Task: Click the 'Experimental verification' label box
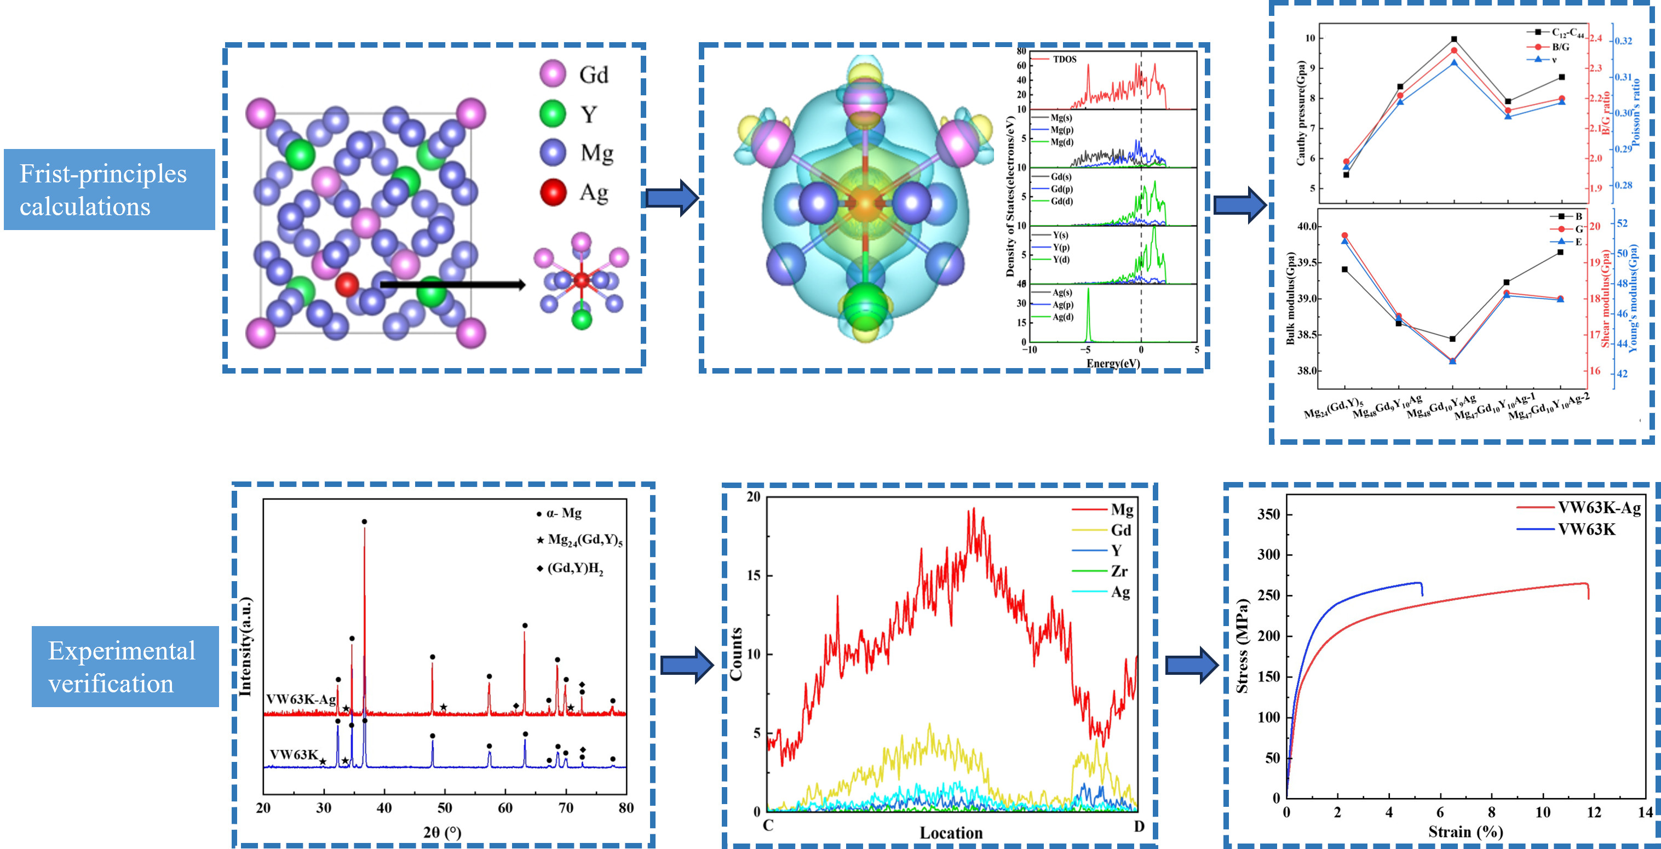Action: (x=125, y=667)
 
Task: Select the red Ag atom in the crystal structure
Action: (x=347, y=284)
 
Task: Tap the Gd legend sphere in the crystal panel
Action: (x=553, y=74)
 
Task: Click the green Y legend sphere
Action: (x=553, y=113)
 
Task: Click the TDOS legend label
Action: (x=1065, y=59)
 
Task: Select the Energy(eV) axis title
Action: (x=1113, y=363)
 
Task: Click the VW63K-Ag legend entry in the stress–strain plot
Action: (x=1599, y=508)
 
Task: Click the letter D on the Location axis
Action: (x=1139, y=827)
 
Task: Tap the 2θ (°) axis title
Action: (x=442, y=832)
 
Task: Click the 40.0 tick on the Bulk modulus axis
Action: (x=1308, y=226)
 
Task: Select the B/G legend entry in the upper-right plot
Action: (x=1560, y=47)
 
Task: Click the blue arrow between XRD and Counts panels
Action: (x=687, y=664)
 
